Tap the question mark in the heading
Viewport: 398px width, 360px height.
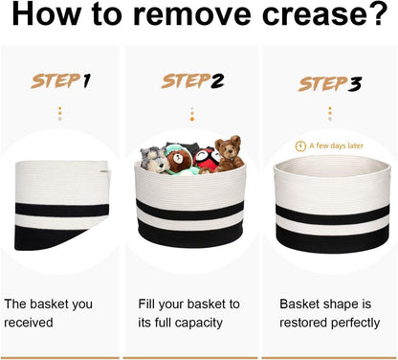pos(379,13)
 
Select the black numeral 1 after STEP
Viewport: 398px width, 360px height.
pos(86,81)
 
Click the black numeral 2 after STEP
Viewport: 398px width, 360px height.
pos(217,81)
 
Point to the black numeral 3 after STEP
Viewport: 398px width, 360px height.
pos(354,84)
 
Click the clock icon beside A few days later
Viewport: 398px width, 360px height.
pos(300,146)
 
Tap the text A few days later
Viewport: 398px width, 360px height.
pos(336,146)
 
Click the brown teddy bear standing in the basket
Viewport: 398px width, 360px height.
pos(229,154)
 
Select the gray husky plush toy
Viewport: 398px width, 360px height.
pos(154,160)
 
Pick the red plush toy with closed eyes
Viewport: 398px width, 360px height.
pos(207,159)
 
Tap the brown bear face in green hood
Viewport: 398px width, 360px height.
pos(178,160)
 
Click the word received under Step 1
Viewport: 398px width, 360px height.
pos(29,323)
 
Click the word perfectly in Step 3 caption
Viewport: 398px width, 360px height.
pos(355,323)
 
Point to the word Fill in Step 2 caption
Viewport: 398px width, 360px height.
pos(146,304)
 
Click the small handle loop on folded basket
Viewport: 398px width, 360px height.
pos(105,172)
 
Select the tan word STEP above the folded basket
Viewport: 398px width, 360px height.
pos(55,81)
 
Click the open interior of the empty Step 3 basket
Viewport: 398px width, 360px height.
pos(332,168)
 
